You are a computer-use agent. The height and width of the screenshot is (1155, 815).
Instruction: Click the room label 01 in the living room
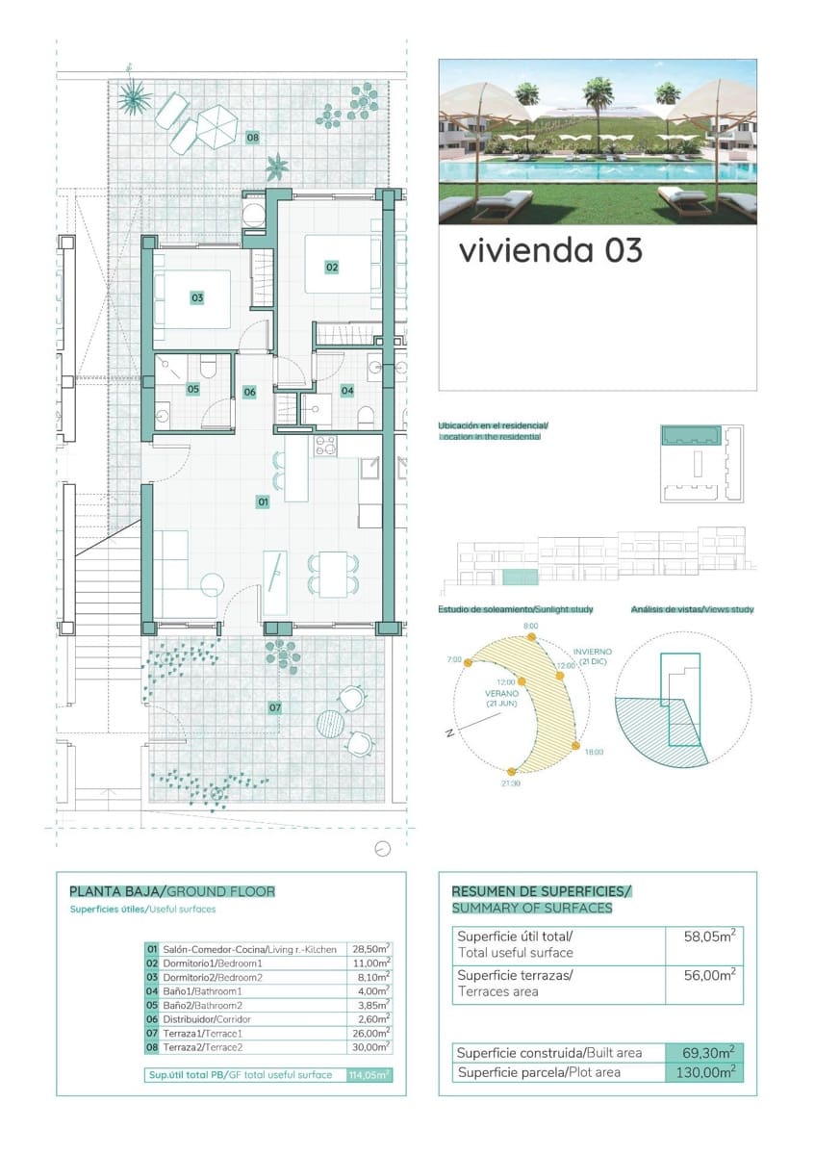click(262, 501)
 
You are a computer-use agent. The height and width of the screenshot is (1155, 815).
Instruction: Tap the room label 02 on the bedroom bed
click(332, 267)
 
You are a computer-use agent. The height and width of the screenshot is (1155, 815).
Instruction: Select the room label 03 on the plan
click(197, 298)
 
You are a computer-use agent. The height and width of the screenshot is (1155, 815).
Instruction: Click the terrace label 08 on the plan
click(252, 138)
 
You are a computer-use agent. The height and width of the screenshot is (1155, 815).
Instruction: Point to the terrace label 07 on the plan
click(275, 707)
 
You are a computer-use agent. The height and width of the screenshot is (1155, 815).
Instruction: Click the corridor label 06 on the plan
click(249, 392)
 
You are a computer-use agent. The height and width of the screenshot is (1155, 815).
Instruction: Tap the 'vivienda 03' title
click(549, 250)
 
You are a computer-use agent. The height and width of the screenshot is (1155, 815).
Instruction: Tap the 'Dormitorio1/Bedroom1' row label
click(213, 962)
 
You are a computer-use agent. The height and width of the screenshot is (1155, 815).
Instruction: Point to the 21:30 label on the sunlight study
click(511, 783)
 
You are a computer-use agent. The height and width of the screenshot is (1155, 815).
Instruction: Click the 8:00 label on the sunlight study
click(531, 627)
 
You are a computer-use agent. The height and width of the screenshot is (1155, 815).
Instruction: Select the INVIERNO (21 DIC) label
click(593, 657)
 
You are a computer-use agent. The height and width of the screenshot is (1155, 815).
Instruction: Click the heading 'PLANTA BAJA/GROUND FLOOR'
click(172, 891)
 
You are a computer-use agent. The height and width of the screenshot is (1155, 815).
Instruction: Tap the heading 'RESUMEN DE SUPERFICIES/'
click(541, 891)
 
